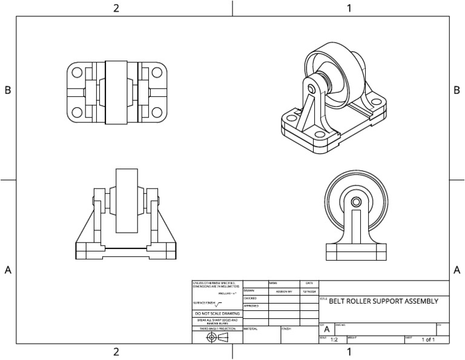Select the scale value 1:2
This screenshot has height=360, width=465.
(x=334, y=340)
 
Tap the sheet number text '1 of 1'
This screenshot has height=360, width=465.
(x=429, y=340)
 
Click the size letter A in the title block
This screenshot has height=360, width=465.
(x=327, y=330)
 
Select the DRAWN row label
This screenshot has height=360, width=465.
(x=248, y=290)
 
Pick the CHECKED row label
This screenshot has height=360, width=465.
(x=250, y=298)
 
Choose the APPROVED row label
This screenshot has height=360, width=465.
(x=251, y=306)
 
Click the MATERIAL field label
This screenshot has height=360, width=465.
(x=251, y=328)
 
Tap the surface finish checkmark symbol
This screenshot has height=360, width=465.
(x=219, y=303)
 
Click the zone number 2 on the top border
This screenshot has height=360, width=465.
(x=116, y=8)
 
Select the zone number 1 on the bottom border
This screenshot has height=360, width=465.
(x=349, y=352)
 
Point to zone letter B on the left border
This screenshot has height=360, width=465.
(x=8, y=90)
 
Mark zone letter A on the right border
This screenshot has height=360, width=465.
(x=457, y=270)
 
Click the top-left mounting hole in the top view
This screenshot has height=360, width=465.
(x=77, y=72)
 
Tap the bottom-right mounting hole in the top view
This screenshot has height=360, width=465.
(x=157, y=112)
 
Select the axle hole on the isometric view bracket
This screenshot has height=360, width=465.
(x=311, y=88)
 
